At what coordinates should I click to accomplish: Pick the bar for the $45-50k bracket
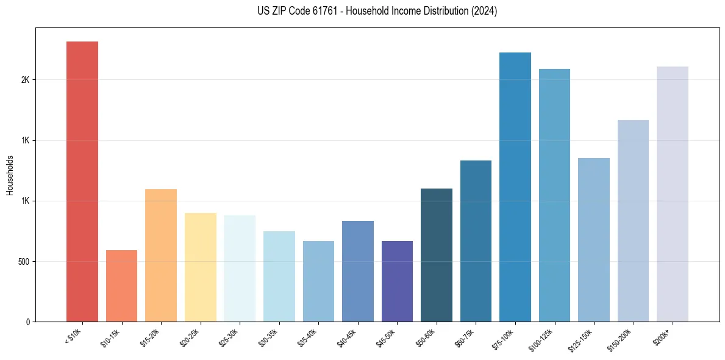point(397,281)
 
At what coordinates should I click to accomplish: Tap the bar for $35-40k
point(318,281)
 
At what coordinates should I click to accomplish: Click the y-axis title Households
point(10,175)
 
